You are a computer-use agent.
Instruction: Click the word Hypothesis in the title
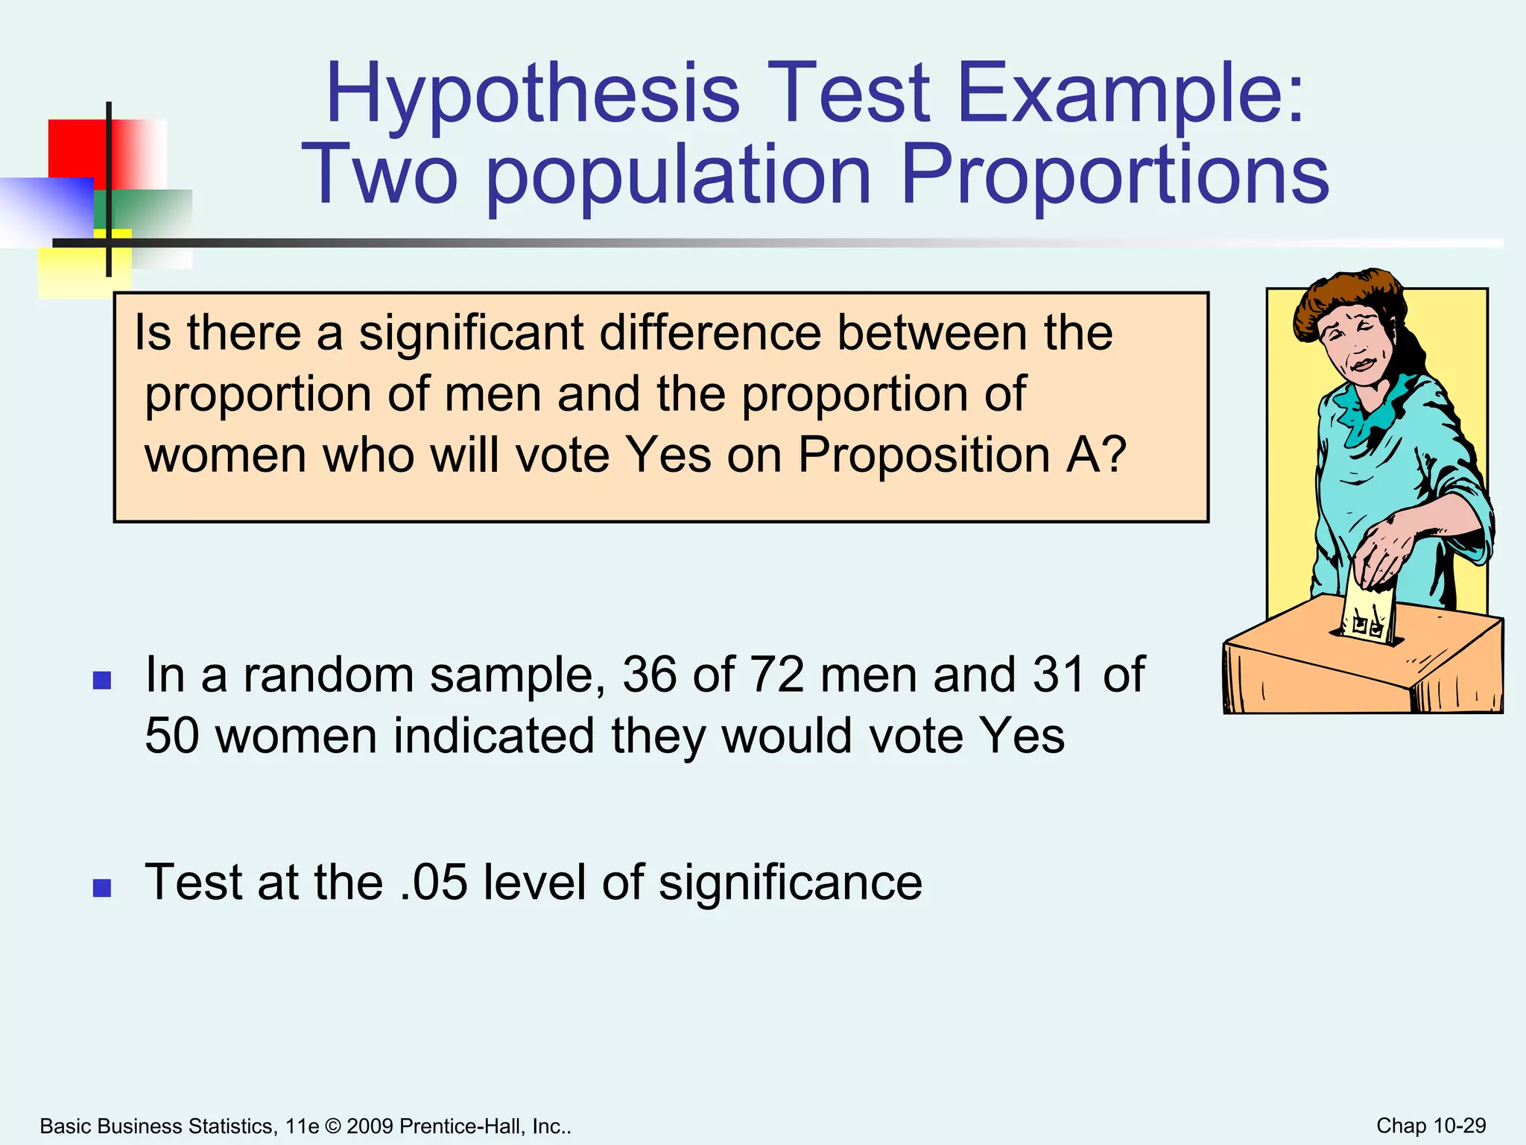pos(532,95)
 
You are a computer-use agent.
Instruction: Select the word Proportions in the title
pos(1115,176)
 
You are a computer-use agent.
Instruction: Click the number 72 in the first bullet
pos(776,675)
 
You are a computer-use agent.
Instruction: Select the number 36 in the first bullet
pos(649,675)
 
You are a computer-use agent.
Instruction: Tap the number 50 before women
pos(172,736)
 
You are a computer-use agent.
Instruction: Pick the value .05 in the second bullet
pos(433,883)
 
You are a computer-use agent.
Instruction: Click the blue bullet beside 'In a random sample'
pos(102,680)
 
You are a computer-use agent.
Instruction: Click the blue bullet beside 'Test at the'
pos(102,888)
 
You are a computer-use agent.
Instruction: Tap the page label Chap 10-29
pos(1431,1126)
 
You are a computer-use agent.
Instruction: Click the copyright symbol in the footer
pos(333,1126)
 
